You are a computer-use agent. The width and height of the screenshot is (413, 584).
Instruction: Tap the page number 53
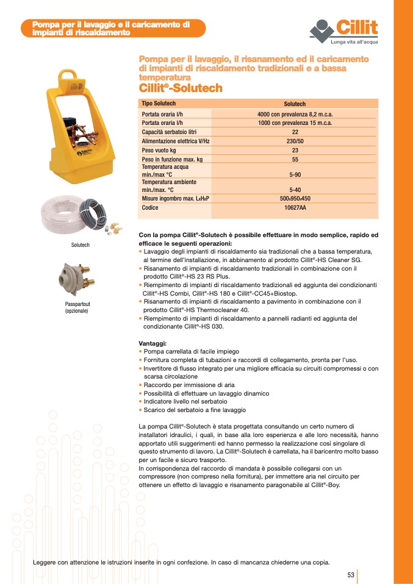pos(351,575)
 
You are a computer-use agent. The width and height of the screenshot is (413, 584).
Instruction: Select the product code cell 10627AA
pos(295,208)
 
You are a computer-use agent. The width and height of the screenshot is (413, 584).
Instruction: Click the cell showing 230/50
pos(295,141)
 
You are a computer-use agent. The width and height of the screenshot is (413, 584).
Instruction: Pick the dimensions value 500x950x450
pos(295,199)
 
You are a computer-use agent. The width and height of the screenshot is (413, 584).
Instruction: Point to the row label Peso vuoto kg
pos(159,150)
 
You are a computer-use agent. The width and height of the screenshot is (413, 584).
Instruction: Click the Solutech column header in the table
pos(295,104)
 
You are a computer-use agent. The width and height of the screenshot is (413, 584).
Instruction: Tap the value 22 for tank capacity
pos(295,132)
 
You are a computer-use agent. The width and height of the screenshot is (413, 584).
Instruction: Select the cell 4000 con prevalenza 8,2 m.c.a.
pos(295,114)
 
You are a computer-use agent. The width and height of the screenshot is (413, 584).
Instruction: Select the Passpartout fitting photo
pos(75,277)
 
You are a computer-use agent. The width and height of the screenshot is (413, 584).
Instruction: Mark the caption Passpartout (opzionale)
pos(77,307)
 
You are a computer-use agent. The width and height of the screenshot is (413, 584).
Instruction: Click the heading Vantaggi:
pos(153,344)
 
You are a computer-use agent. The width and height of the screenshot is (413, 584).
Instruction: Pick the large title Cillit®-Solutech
pos(181,88)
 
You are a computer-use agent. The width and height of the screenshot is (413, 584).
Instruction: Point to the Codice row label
pos(150,208)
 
